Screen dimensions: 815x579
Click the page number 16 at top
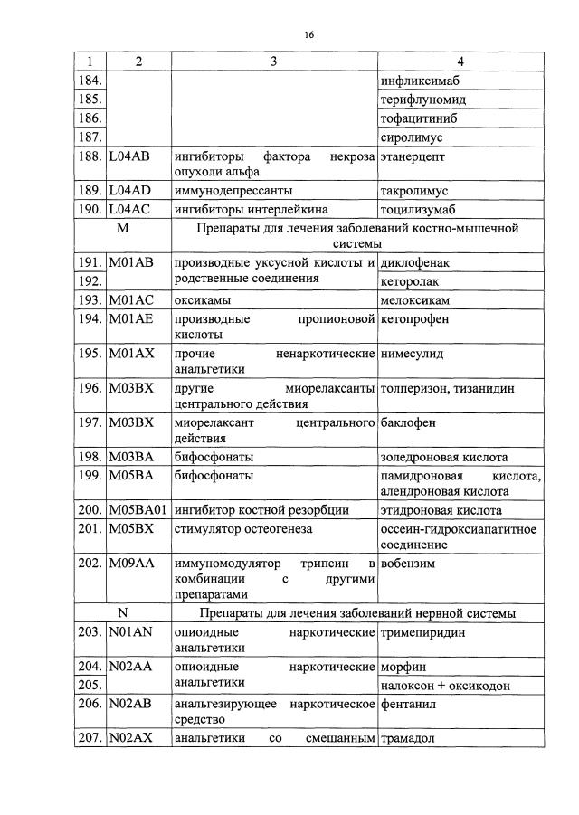[x=308, y=35]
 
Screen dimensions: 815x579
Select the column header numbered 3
[x=273, y=62]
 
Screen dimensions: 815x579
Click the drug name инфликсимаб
[x=418, y=81]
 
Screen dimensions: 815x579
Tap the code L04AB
[x=130, y=156]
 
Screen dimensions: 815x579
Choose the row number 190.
[x=90, y=210]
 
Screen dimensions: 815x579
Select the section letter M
[x=123, y=229]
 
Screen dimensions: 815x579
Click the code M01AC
[x=131, y=299]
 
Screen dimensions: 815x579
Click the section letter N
[x=123, y=613]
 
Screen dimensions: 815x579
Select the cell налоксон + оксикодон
[x=445, y=686]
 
